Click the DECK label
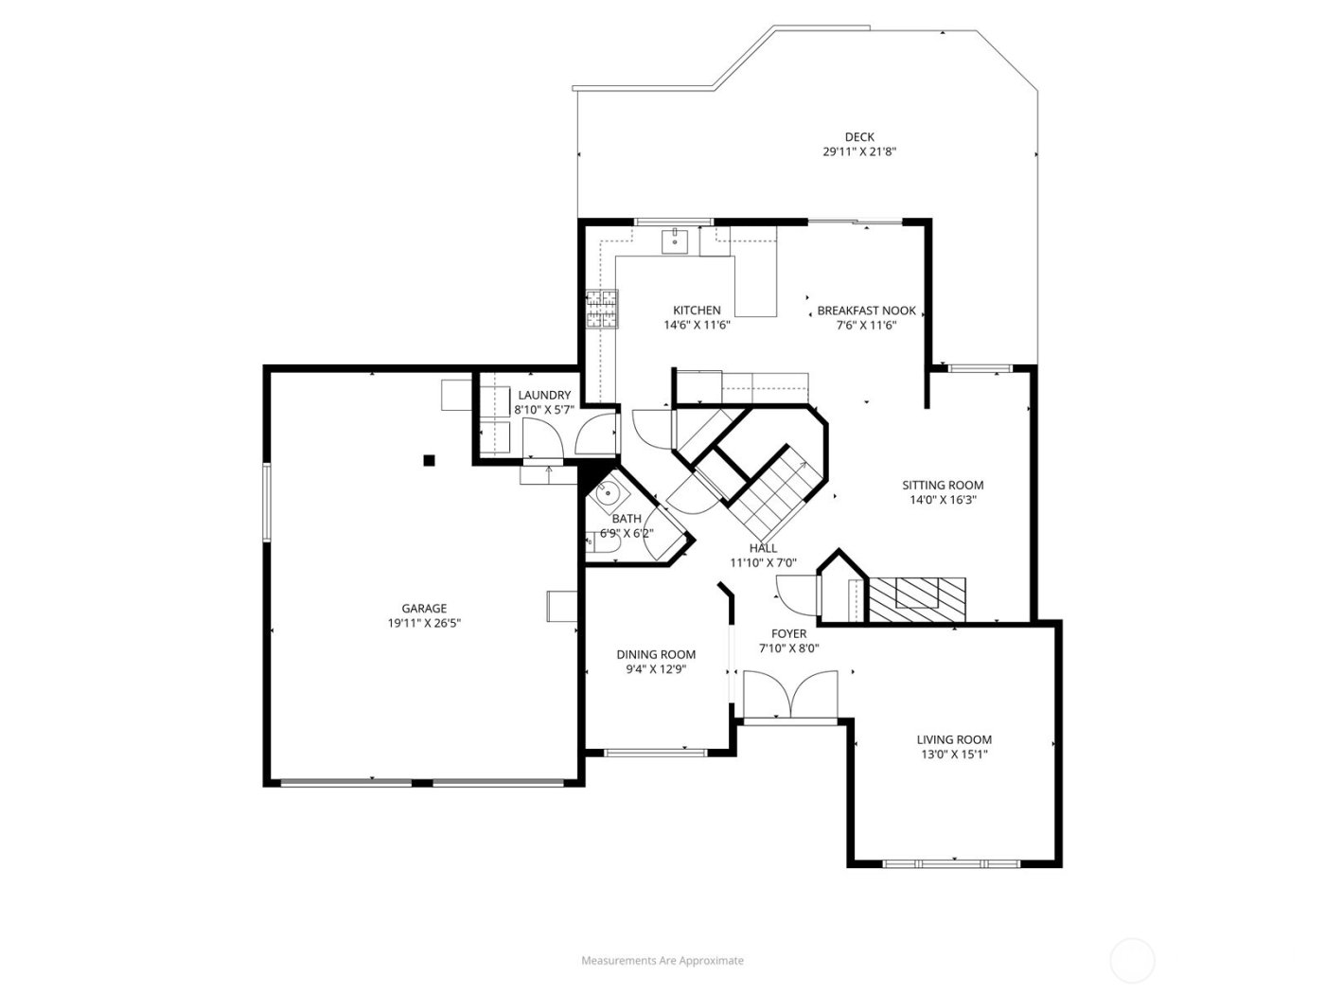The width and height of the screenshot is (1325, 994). [x=858, y=136]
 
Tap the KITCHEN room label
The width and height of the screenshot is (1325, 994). [x=697, y=310]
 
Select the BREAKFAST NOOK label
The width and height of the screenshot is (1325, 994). [x=866, y=310]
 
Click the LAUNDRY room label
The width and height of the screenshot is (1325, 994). [x=544, y=395]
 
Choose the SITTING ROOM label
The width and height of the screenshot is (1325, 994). [x=942, y=485]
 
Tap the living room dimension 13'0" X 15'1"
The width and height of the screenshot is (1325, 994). [x=953, y=754]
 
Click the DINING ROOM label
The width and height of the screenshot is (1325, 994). [x=656, y=654]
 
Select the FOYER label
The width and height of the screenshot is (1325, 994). [x=788, y=633]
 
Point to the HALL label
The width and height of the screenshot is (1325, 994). [x=763, y=547]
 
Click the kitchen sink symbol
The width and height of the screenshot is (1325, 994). [x=675, y=240]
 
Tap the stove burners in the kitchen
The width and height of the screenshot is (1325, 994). [x=600, y=310]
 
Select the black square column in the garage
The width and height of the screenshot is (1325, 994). [x=429, y=460]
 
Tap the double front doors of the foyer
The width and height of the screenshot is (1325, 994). [x=790, y=695]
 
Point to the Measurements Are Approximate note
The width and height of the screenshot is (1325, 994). [x=662, y=960]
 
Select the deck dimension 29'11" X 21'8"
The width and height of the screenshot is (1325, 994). [x=858, y=151]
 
